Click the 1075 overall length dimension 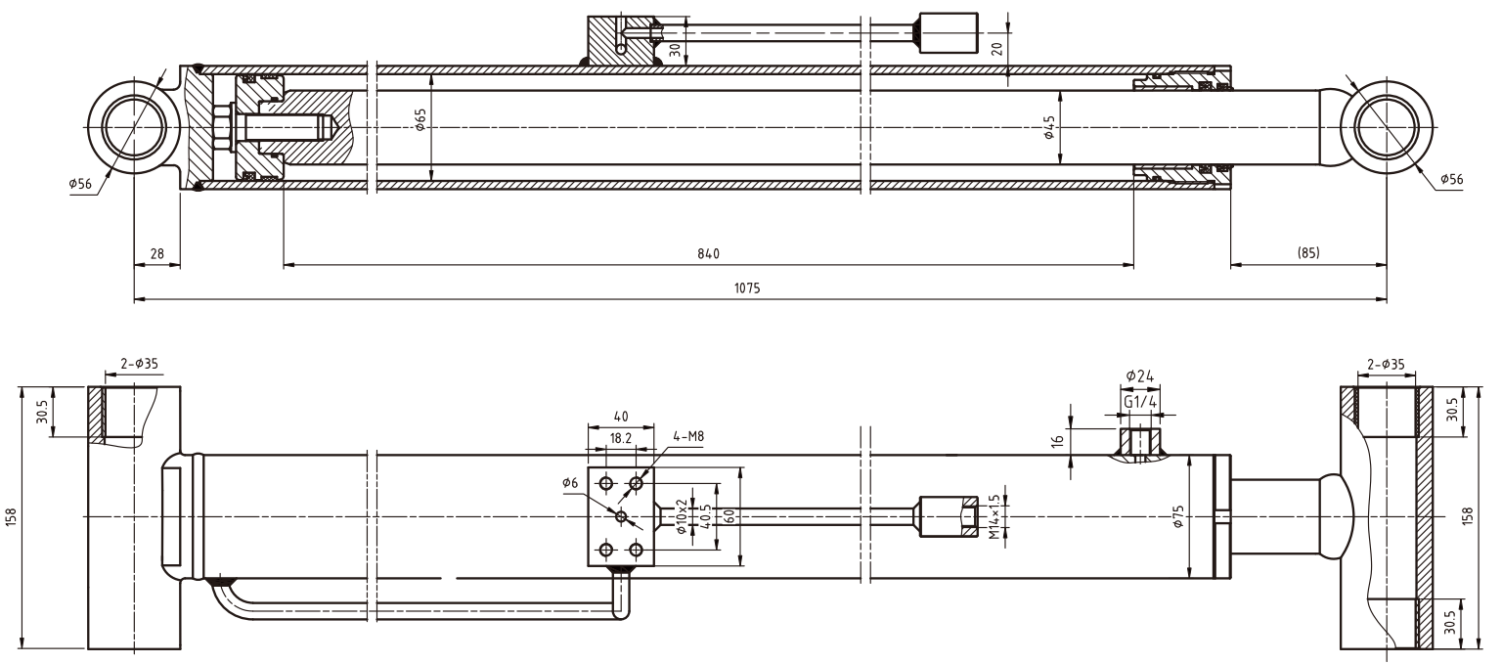(x=747, y=288)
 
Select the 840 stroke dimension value (x=708, y=253)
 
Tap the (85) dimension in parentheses (x=1307, y=252)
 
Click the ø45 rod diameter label (x=1049, y=127)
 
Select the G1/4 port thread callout (x=1138, y=402)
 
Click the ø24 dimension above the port (x=1138, y=376)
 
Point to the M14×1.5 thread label (x=994, y=517)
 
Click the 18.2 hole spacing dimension (x=619, y=440)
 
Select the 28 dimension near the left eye (x=156, y=253)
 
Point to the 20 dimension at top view (x=996, y=47)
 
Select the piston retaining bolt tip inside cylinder (x=331, y=128)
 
